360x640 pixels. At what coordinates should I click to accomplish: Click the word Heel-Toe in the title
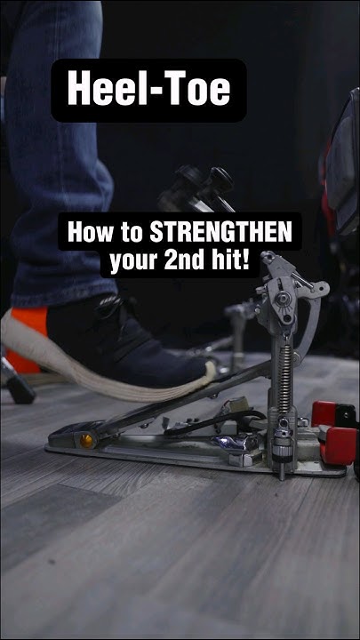[x=148, y=90]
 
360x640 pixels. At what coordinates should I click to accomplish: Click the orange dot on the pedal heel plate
[x=87, y=440]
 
